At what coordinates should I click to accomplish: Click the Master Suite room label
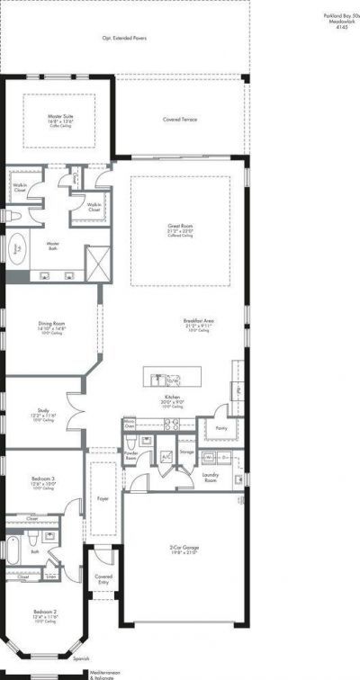click(x=60, y=116)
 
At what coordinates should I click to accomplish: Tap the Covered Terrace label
click(x=181, y=119)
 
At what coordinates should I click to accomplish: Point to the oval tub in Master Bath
click(x=17, y=250)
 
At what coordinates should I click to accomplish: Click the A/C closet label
click(x=166, y=456)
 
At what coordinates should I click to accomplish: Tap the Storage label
click(x=186, y=452)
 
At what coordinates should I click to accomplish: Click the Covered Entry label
click(x=103, y=578)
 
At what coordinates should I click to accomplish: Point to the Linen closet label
click(x=50, y=577)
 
